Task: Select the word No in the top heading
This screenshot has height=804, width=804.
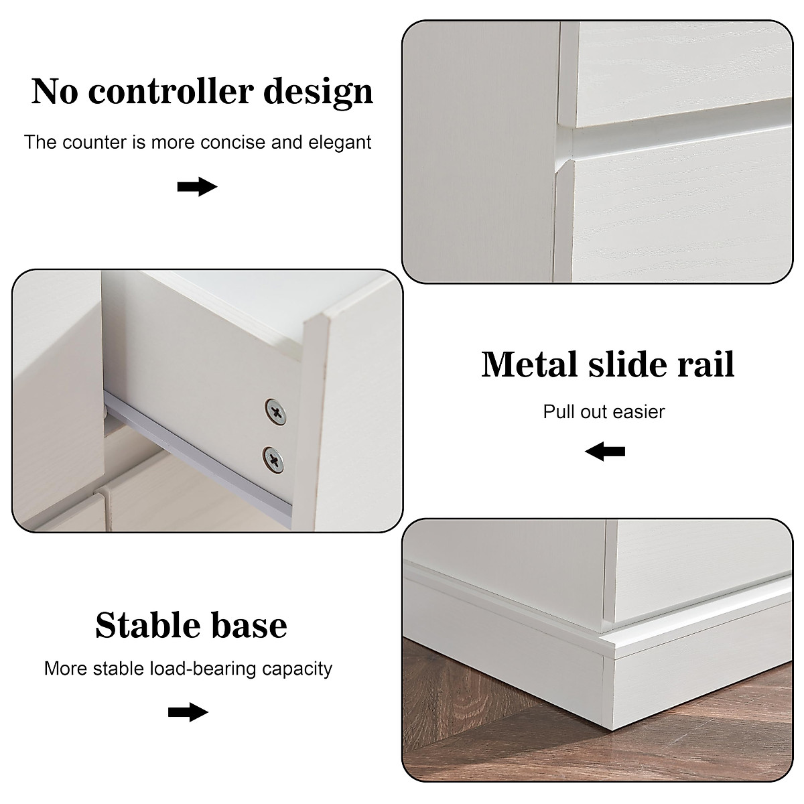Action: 54,92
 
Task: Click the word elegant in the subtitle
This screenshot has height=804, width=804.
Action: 340,142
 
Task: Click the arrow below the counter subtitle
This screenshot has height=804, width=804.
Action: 198,187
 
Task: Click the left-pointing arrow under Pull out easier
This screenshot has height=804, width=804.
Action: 604,452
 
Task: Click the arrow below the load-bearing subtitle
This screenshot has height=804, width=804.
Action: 188,712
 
